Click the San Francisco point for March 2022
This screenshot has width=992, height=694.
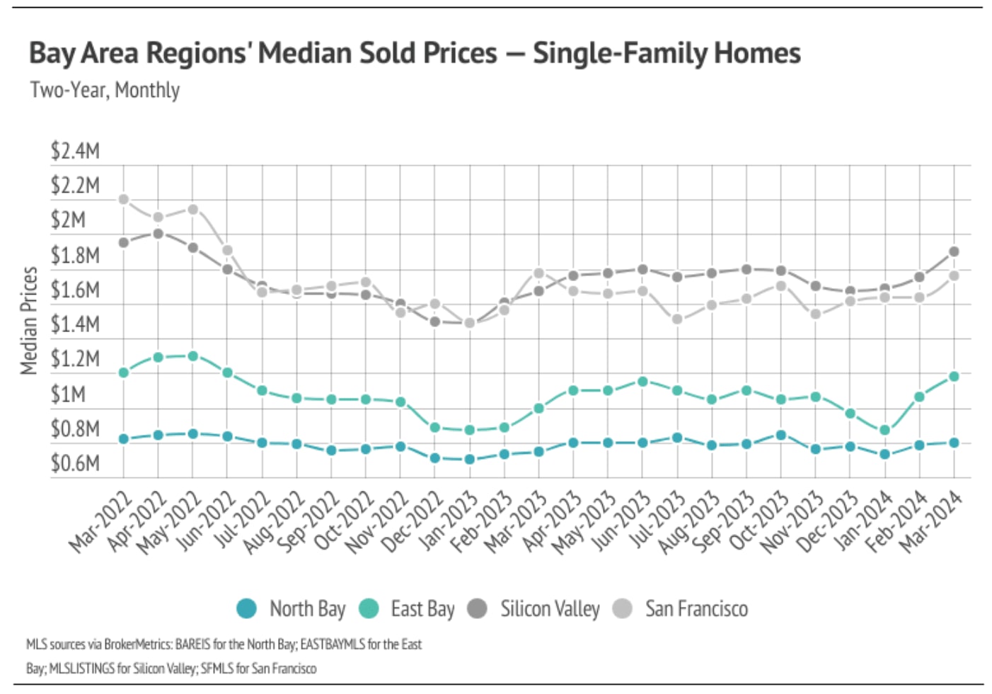pyautogui.click(x=124, y=199)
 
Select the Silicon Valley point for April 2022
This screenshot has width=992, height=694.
pyautogui.click(x=158, y=233)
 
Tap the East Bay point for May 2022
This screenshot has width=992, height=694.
pyautogui.click(x=192, y=355)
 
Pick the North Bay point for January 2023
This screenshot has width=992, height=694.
pyautogui.click(x=469, y=459)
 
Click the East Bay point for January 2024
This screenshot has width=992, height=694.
pyautogui.click(x=884, y=430)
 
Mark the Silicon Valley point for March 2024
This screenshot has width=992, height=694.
pyautogui.click(x=954, y=251)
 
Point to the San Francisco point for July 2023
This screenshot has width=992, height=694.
pyautogui.click(x=677, y=319)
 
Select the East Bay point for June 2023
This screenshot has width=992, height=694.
pyautogui.click(x=642, y=381)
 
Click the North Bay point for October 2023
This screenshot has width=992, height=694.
pyautogui.click(x=780, y=435)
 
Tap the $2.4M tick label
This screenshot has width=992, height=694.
pyautogui.click(x=75, y=151)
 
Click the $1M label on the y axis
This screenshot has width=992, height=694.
pyautogui.click(x=68, y=394)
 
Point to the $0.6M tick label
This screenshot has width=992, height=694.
pyautogui.click(x=75, y=463)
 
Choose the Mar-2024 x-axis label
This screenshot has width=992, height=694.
pyautogui.click(x=930, y=523)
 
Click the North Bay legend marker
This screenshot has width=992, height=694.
pyautogui.click(x=246, y=608)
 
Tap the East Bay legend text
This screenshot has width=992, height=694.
pyautogui.click(x=422, y=609)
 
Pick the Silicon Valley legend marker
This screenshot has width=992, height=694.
pyautogui.click(x=478, y=608)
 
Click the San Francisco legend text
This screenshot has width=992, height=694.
pyautogui.click(x=696, y=609)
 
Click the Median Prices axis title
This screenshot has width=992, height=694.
pyautogui.click(x=28, y=320)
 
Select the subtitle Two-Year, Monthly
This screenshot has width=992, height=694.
pyautogui.click(x=105, y=90)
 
